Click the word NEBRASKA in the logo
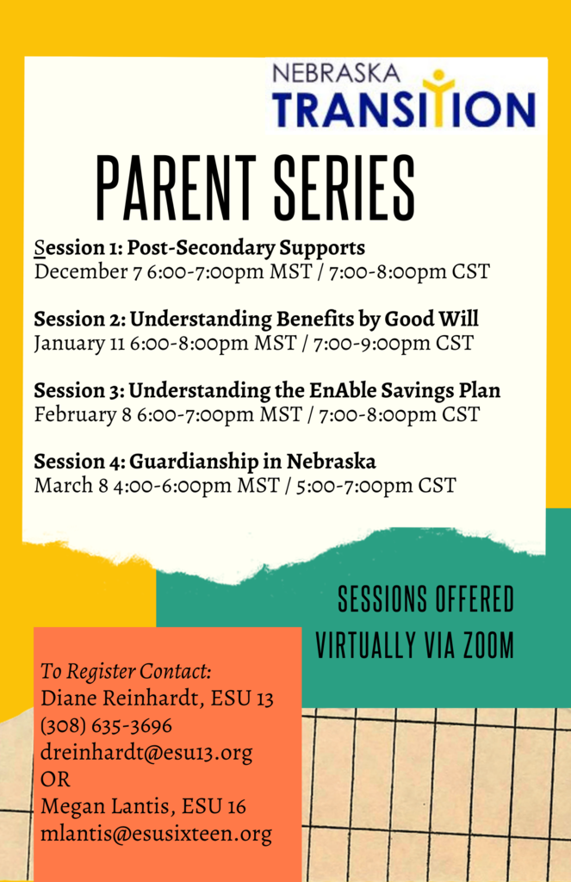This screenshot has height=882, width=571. (x=336, y=73)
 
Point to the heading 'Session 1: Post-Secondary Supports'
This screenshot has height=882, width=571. (x=200, y=247)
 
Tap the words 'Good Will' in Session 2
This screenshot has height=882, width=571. (x=431, y=319)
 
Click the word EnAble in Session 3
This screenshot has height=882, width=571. (x=342, y=390)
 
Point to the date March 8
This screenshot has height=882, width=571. (x=71, y=486)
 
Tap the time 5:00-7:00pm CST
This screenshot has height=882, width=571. (x=375, y=486)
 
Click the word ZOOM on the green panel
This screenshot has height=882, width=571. (x=489, y=644)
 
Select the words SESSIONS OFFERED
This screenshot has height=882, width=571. (x=425, y=599)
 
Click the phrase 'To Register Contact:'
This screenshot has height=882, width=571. (x=126, y=672)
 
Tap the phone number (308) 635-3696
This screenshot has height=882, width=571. (x=106, y=725)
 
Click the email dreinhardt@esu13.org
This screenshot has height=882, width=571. (x=146, y=753)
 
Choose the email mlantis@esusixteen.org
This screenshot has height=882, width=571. (x=156, y=834)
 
